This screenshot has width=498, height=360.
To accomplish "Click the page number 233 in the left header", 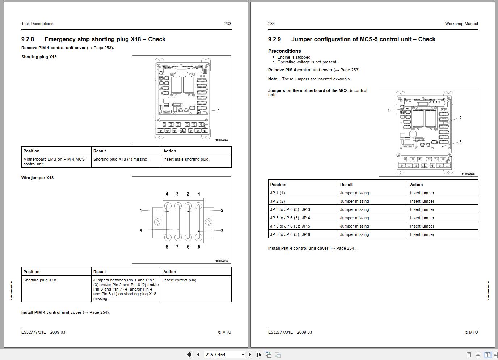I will (228, 24).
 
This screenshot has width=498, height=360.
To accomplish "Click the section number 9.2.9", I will (274, 39).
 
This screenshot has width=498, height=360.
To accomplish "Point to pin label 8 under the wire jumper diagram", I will (167, 247).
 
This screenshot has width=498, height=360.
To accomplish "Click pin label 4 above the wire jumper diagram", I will (167, 194).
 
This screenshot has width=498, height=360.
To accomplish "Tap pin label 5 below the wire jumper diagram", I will (199, 247).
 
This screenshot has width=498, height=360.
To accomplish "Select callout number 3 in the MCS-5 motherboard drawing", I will (460, 142).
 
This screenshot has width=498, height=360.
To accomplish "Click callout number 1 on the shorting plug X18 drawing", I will (219, 110).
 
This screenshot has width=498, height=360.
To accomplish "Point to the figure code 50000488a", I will (221, 261).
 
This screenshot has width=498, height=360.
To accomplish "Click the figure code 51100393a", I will (468, 174).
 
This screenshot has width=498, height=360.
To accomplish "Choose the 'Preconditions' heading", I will (284, 51).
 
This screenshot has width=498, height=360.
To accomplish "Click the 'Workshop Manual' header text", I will (461, 24).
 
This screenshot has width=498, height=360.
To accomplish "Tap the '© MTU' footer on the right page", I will (471, 332).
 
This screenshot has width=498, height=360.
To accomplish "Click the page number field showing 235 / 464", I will (222, 355).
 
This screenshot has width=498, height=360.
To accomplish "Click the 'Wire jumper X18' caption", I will (37, 178).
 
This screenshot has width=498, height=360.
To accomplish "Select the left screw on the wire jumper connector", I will (158, 222).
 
